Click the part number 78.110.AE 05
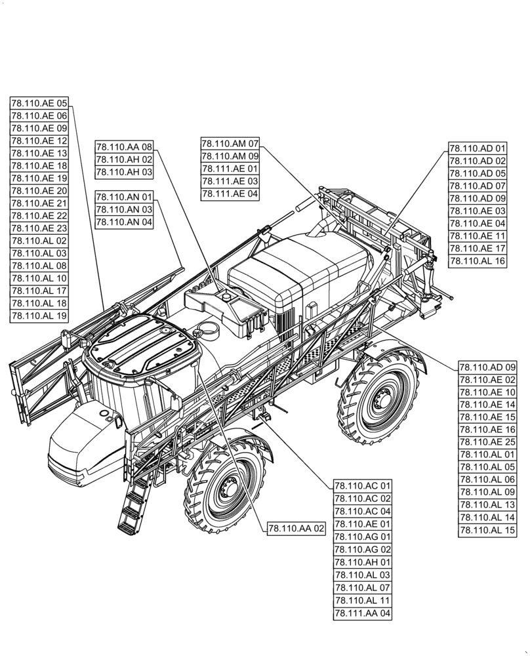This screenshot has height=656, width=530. coord(39,103)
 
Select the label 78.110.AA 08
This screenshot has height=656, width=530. coord(124,147)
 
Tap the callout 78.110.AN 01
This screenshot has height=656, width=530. coord(124,197)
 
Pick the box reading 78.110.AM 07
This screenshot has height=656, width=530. coord(230,144)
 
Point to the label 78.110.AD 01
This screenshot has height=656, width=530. coord(478,148)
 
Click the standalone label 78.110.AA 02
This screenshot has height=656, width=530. coord(296,528)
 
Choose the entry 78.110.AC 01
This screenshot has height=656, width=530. coord(363,486)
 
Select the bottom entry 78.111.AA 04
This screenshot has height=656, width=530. coord(363,613)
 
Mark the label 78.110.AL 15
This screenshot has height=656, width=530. coord(488,531)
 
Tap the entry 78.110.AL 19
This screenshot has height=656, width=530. coord(39,316)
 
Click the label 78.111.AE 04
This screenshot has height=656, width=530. coord(230,194)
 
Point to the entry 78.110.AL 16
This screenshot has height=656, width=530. coord(478,261)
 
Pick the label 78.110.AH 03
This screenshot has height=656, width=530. coord(124,172)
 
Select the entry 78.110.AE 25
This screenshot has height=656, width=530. coord(488,443)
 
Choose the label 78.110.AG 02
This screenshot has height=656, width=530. coord(363,550)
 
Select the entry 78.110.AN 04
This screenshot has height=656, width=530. coord(124,222)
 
